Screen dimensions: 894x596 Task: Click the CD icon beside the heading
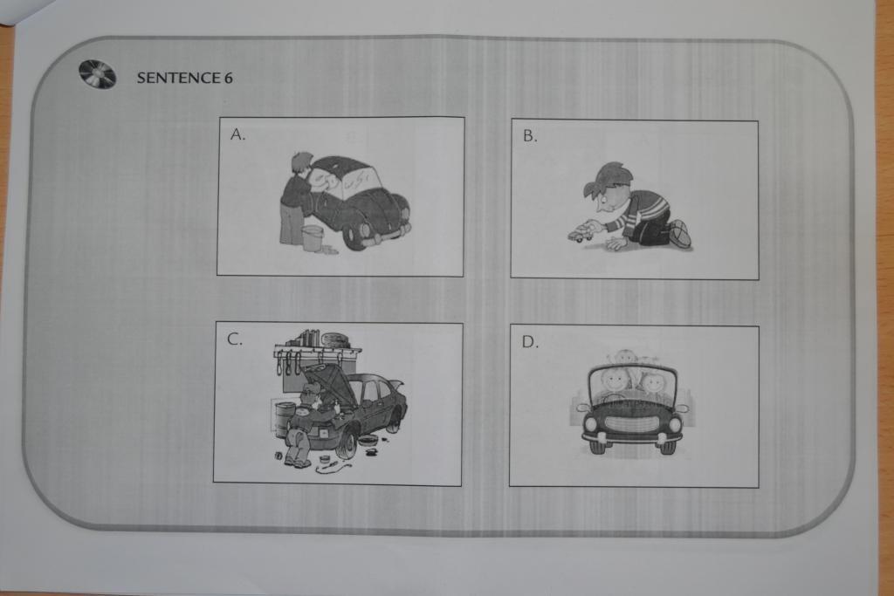98,75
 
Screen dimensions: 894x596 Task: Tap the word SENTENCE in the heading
178,78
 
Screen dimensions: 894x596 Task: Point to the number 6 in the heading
229,78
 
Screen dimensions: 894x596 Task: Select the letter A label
237,134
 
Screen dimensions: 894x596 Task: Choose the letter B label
530,135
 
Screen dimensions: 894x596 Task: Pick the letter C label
234,339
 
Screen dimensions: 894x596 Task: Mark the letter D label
530,341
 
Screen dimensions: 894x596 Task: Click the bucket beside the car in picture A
313,237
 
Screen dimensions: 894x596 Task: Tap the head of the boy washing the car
301,163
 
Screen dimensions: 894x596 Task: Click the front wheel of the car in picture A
357,234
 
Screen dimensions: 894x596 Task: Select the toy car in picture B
581,233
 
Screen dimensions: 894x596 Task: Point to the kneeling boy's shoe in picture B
679,234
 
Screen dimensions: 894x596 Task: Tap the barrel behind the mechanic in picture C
285,420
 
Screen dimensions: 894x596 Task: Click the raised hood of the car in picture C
328,379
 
